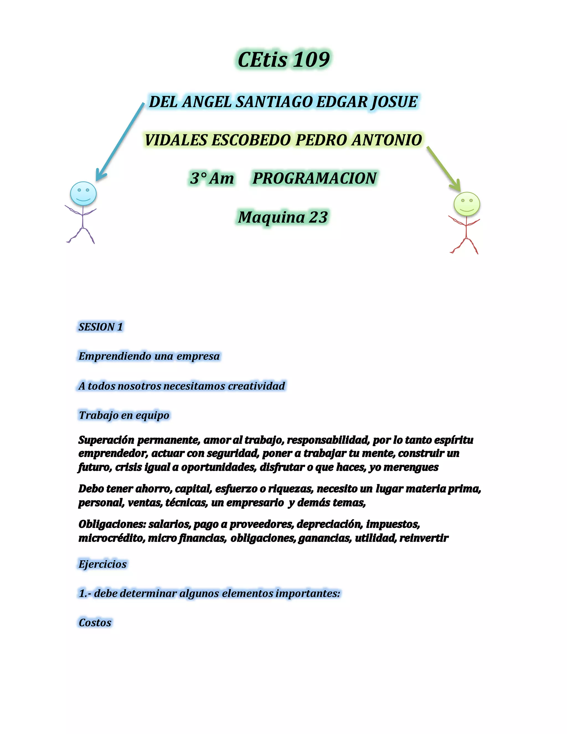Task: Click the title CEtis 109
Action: [x=283, y=60]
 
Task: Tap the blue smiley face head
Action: [x=83, y=194]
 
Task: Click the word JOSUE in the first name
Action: [x=394, y=102]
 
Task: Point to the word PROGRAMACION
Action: [x=315, y=178]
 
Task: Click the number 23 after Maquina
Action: [x=318, y=217]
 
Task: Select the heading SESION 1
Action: [x=101, y=327]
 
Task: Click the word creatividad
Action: [x=257, y=386]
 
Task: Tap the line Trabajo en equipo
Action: [x=124, y=415]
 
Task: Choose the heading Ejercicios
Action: [x=103, y=564]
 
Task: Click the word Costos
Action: [x=95, y=623]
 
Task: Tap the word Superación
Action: [x=106, y=440]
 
